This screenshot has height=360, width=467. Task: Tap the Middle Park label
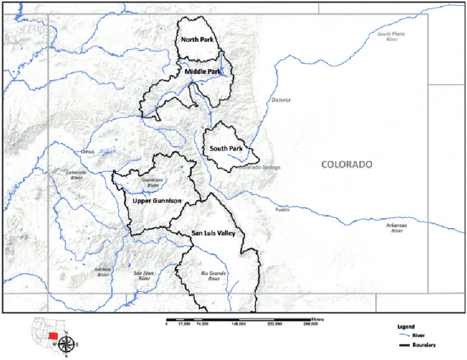[x=202, y=72]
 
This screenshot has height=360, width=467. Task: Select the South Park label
[x=226, y=148]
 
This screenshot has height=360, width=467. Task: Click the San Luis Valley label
[x=209, y=233]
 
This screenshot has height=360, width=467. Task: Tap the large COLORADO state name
[x=346, y=165]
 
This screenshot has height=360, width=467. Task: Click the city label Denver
[x=282, y=100]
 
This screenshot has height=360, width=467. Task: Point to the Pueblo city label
[x=283, y=210]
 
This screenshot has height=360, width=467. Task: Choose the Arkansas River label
[x=396, y=228]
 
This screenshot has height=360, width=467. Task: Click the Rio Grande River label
[x=213, y=277]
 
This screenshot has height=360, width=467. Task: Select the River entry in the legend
[x=415, y=335]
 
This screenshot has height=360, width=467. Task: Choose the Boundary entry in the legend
[x=419, y=345]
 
